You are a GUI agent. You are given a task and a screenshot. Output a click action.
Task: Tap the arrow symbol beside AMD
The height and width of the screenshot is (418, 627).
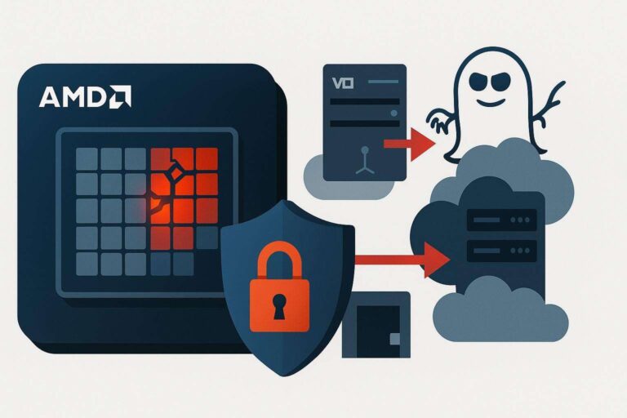point(118,96)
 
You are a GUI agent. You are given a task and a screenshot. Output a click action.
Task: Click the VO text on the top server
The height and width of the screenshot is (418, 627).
point(337,82)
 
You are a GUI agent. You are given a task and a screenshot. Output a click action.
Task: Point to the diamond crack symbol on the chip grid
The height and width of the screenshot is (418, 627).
point(173,172)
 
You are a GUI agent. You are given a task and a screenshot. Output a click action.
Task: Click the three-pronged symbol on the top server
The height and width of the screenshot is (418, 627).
point(362,155)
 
